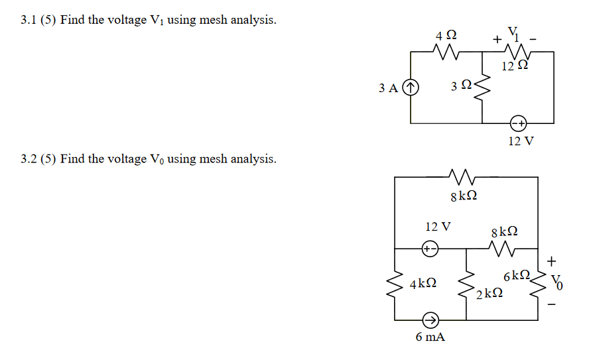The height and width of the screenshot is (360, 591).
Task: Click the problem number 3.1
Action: click(29, 20)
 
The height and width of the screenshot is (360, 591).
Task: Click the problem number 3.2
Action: click(29, 159)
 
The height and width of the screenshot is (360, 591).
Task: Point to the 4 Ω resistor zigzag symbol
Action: click(442, 51)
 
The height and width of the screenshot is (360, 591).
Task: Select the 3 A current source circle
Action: click(411, 87)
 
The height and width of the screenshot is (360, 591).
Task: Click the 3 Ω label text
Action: click(460, 86)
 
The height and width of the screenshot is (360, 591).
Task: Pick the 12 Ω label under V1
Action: click(514, 66)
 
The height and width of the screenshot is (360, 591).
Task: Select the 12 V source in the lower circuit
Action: click(429, 249)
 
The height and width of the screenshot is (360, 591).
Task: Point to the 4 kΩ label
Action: click(423, 284)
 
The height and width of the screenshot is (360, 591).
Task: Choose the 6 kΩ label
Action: click(517, 274)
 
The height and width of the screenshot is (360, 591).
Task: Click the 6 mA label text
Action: click(430, 337)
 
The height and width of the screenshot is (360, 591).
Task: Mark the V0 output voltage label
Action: click(558, 283)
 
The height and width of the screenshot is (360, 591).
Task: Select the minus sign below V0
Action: click(553, 306)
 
